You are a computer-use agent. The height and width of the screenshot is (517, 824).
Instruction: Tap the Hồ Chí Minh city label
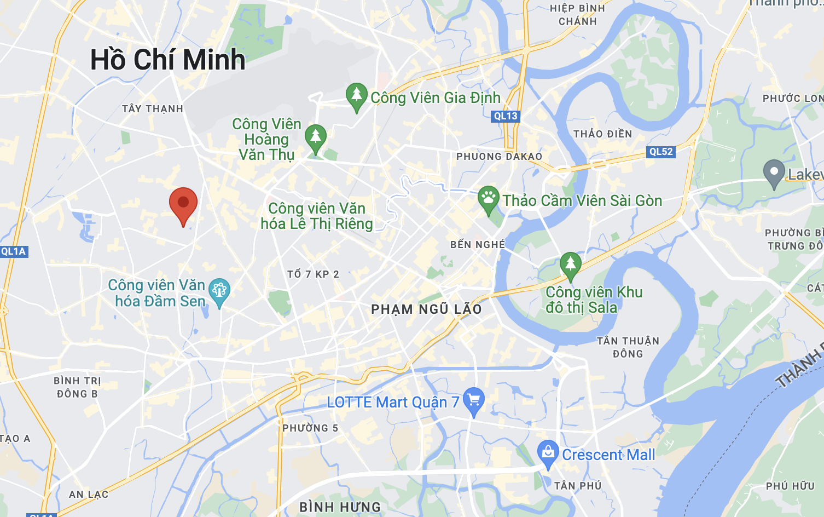coord(167,60)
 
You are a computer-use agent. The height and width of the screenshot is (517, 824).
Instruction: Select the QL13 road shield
coord(505,116)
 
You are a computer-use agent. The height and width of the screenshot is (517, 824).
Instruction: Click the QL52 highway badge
coord(661,152)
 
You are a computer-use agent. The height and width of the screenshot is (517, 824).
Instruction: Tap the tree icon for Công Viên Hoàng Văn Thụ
coord(315,138)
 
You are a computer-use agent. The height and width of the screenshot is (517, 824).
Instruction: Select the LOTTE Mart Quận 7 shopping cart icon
coord(474,401)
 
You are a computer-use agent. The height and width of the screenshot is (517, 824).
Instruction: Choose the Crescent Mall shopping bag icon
coord(548,453)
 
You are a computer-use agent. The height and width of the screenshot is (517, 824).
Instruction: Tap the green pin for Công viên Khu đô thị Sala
coord(570,266)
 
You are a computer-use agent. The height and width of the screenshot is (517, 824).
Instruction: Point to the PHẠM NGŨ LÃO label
coord(426,309)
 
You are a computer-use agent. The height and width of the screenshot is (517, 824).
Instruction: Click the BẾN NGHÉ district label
coord(478,244)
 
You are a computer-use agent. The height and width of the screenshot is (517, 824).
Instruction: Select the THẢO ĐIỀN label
coord(602,134)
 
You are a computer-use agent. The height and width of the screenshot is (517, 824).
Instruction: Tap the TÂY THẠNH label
coord(153,109)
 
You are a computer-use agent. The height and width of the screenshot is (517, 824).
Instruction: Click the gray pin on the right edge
coord(774,173)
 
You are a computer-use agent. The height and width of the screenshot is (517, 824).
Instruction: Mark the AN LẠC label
coord(89,495)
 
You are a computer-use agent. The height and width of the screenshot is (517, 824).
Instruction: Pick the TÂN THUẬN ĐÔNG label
coord(628,347)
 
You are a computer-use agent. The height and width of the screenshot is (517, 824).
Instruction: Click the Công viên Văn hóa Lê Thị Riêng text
coord(317,216)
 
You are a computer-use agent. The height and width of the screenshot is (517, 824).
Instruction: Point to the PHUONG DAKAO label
coord(499,157)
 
